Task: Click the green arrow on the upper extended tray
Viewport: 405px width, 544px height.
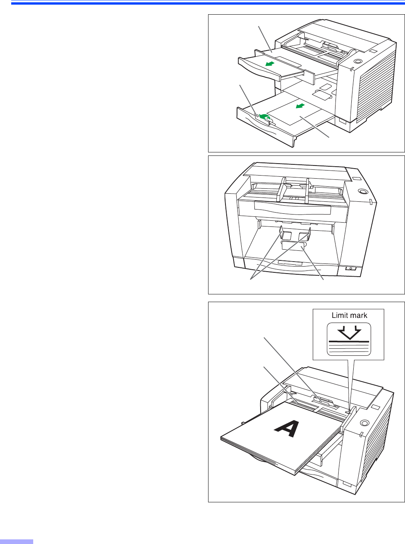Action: [x=270, y=64]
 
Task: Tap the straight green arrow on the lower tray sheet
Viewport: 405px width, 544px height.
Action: [x=300, y=106]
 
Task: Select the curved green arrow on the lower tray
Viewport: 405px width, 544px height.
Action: [x=264, y=117]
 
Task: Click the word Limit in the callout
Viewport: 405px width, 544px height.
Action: [x=339, y=315]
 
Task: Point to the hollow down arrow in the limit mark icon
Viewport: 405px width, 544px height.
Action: [x=349, y=333]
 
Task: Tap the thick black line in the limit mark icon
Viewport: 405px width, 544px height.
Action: [x=349, y=341]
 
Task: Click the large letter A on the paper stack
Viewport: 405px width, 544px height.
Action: [x=287, y=429]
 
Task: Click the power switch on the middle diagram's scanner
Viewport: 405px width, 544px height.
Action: [x=351, y=268]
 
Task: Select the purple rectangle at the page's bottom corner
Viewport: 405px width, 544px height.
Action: [x=17, y=542]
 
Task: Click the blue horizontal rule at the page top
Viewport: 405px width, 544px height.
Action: [x=208, y=3]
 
